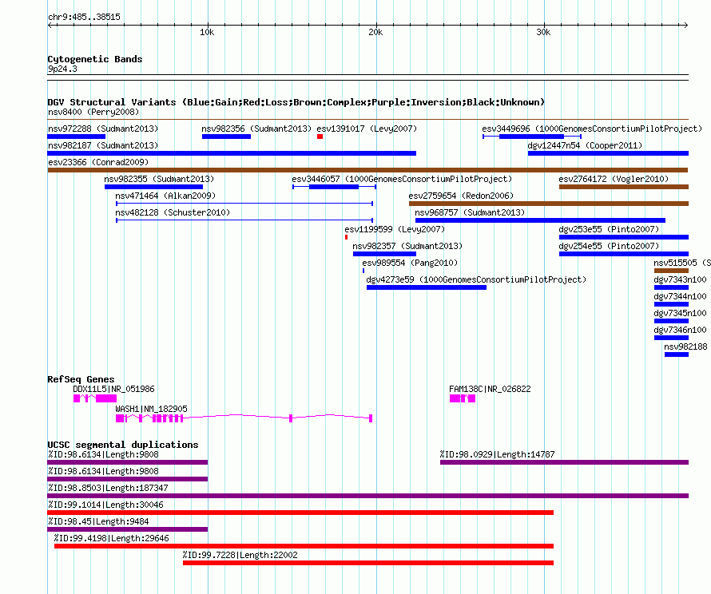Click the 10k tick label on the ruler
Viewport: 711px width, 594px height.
(207, 32)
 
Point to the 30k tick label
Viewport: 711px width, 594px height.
(543, 32)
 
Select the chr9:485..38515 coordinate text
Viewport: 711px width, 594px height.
(85, 17)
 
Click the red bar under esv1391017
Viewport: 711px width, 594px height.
(320, 137)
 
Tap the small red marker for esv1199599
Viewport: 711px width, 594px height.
(347, 237)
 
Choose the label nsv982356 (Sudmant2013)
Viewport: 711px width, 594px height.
(256, 129)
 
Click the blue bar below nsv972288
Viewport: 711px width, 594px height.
(76, 137)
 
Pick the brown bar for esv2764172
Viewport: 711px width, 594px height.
(624, 187)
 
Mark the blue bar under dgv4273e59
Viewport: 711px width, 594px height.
(427, 287)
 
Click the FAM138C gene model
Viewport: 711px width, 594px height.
(463, 398)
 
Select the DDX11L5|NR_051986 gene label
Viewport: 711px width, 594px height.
(113, 389)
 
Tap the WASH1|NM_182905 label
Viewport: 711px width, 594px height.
(152, 409)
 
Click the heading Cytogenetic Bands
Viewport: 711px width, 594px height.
(95, 59)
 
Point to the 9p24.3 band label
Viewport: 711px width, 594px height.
(62, 69)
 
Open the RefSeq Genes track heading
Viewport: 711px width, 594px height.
(81, 379)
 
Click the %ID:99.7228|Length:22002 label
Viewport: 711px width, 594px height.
(240, 555)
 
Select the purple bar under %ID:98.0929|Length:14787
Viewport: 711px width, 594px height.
(564, 462)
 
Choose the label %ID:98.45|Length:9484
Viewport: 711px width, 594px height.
(98, 521)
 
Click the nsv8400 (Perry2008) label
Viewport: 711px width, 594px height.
(93, 112)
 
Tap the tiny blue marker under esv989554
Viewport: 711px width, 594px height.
(363, 271)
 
